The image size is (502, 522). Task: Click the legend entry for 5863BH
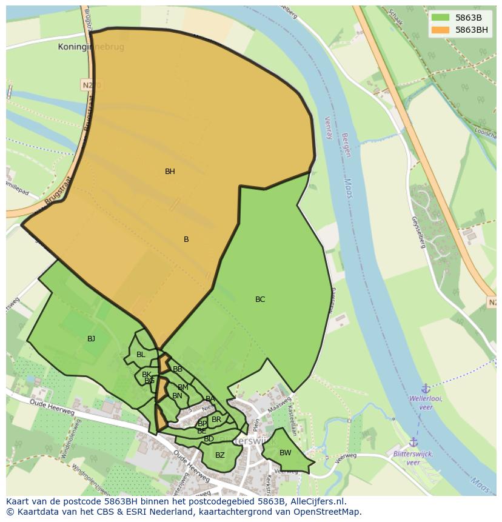[472, 29]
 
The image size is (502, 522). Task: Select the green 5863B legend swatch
[440, 17]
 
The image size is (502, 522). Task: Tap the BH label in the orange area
[170, 172]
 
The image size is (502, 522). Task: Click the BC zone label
[260, 299]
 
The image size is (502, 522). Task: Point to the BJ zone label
[91, 339]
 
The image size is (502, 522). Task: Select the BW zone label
[285, 453]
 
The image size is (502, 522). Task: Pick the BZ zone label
[220, 455]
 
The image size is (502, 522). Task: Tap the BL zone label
[141, 355]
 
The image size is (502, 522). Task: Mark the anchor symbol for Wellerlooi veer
[426, 388]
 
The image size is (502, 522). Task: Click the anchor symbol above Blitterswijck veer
[413, 443]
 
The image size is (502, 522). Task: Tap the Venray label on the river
[328, 128]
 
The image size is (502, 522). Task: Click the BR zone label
[216, 420]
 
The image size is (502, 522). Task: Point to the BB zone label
[178, 369]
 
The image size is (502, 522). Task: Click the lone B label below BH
[186, 239]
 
